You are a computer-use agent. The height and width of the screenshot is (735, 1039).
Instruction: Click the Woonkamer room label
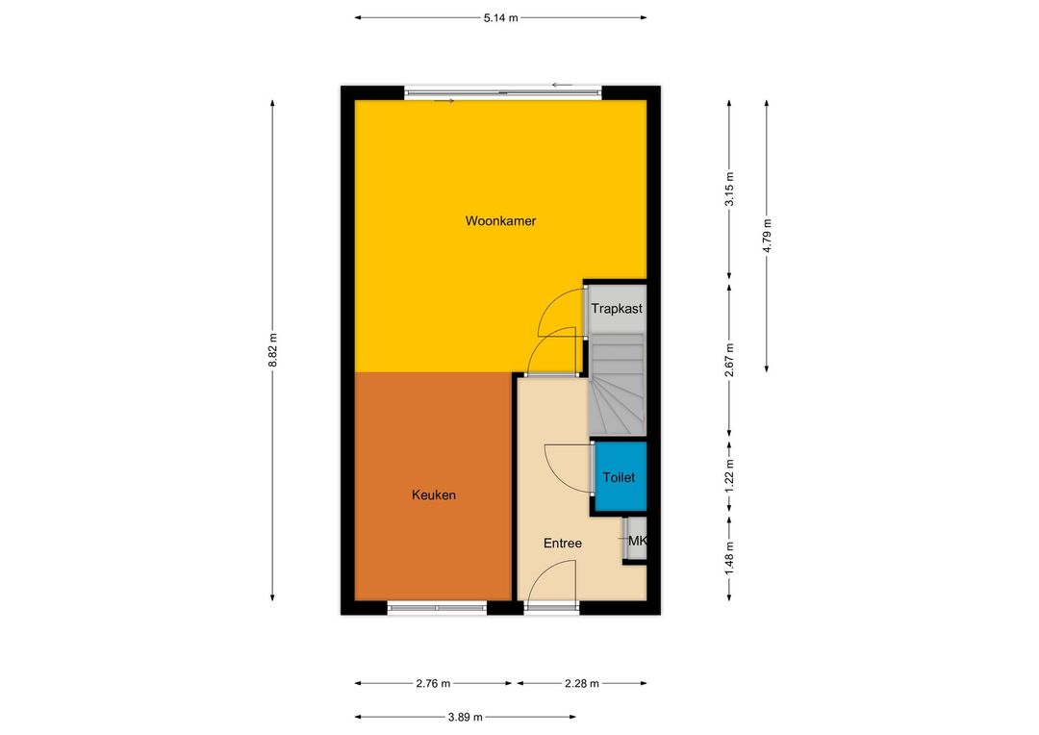500,220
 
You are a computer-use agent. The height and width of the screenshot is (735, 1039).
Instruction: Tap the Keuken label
433,495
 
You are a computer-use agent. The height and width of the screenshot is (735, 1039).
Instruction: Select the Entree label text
563,544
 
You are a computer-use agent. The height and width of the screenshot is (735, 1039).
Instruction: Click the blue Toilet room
621,476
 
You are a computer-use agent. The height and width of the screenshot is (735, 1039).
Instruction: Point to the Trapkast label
617,308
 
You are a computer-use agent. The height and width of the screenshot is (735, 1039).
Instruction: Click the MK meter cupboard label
637,541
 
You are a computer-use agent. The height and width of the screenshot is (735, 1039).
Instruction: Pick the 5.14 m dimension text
500,18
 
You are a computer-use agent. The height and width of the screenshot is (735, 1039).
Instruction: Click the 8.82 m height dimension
272,350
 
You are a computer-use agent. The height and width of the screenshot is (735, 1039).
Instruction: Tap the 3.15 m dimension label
729,189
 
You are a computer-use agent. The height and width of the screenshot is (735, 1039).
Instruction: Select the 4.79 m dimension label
767,236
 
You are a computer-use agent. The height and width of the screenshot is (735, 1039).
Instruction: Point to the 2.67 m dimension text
729,360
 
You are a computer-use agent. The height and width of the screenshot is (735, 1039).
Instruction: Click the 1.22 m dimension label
729,475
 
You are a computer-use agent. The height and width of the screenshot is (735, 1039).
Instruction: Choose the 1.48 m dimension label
729,558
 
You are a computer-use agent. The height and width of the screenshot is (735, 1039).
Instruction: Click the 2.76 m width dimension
433,683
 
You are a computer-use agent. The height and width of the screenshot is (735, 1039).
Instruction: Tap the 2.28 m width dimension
582,683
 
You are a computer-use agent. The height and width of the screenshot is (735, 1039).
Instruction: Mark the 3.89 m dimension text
466,717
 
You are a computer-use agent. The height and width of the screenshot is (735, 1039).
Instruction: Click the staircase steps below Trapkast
617,385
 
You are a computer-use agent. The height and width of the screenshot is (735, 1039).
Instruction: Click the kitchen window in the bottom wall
437,607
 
